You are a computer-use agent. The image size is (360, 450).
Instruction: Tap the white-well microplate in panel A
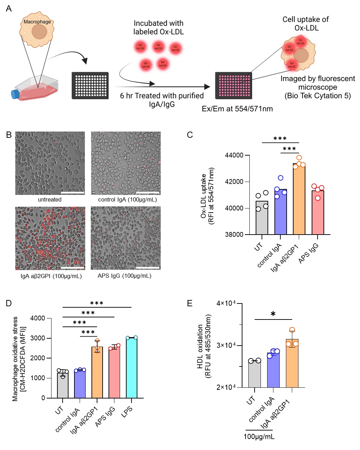click(90, 86)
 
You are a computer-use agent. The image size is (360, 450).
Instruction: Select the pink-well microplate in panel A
click(233, 86)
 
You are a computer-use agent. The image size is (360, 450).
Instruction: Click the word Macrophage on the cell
click(37, 22)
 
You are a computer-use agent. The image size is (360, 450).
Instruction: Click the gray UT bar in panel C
click(262, 218)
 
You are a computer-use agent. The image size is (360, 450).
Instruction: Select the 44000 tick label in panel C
click(234, 155)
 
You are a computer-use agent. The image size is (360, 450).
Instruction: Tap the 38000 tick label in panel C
click(234, 235)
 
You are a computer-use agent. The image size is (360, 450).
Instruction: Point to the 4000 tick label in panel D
click(38, 318)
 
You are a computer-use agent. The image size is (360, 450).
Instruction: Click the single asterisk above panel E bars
click(273, 314)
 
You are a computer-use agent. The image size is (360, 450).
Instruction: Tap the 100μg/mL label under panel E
click(259, 437)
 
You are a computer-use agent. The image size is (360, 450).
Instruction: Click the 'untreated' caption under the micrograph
click(50, 200)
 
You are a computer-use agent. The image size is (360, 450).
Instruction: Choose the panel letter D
click(9, 303)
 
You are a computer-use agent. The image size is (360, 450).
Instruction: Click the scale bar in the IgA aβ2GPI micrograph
click(72, 268)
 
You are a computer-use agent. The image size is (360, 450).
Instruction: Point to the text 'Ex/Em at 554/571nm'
click(237, 109)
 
